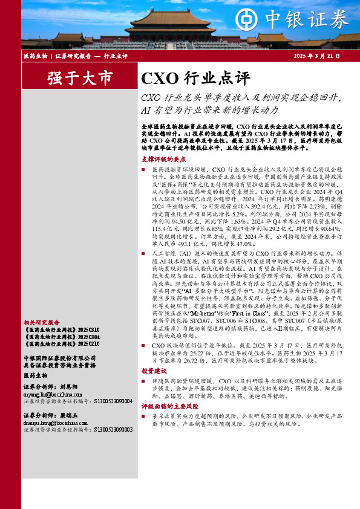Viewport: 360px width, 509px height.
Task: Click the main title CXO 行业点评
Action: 195,78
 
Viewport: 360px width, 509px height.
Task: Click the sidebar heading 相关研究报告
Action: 41,323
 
